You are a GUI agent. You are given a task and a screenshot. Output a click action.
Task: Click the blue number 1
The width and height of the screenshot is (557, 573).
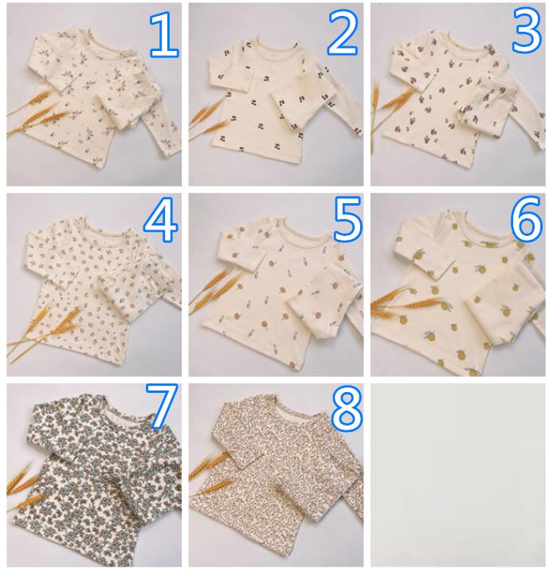(x=164, y=34)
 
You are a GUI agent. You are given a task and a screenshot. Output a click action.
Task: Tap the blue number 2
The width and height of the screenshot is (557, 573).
(x=342, y=33)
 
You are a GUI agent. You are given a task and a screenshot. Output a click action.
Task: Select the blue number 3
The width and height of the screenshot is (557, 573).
(x=527, y=30)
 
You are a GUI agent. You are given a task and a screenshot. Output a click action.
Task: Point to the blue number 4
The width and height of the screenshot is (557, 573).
(x=161, y=220)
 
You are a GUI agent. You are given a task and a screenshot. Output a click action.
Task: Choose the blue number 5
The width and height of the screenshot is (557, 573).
(x=347, y=219)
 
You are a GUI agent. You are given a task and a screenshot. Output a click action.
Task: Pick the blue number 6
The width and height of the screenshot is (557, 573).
(x=526, y=219)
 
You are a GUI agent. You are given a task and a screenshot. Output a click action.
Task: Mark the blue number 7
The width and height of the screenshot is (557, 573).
(x=162, y=406)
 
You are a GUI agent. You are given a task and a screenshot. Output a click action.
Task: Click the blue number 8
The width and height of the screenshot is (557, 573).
(x=347, y=409)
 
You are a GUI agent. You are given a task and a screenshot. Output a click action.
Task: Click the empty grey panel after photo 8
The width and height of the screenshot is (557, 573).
(x=458, y=475)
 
